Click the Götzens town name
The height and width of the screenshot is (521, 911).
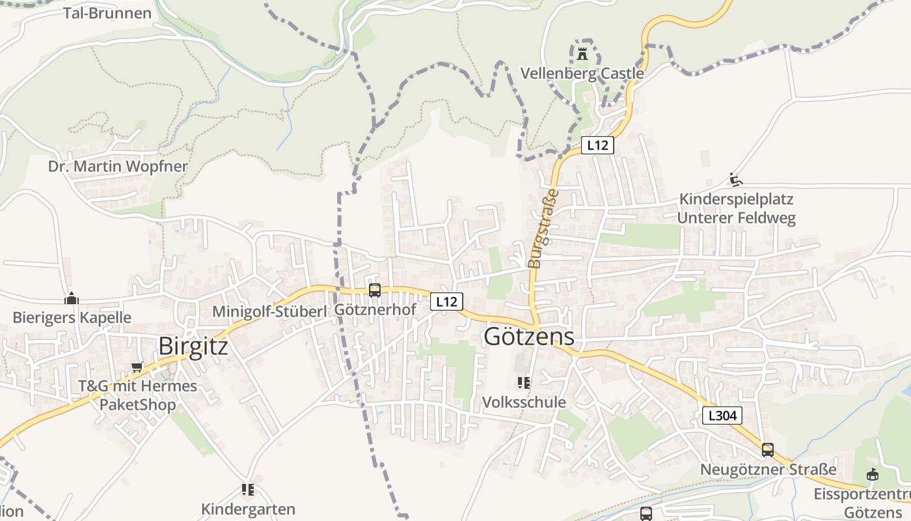529,337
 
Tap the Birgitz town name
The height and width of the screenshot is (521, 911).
193,346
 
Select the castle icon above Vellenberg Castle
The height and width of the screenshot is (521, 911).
582,53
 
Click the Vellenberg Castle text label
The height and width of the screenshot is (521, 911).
582,73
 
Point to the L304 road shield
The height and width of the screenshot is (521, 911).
722,415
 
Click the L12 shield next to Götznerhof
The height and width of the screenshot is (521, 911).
446,302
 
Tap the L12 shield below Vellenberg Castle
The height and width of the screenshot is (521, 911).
597,145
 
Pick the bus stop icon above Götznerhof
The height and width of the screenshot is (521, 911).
375,290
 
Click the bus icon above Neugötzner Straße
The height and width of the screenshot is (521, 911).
768,449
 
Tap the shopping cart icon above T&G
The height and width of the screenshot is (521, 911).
137,367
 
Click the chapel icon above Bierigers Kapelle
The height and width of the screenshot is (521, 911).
72,298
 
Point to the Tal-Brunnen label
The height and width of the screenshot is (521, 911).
107,13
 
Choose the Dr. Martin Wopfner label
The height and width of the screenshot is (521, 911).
118,166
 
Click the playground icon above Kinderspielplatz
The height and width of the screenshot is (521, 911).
736,180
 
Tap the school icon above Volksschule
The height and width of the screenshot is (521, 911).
523,383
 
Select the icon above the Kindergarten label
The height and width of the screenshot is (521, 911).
247,489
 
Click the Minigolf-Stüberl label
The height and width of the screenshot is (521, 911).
269,312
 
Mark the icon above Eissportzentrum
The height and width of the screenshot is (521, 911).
873,475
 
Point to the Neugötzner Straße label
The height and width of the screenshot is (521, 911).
768,470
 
